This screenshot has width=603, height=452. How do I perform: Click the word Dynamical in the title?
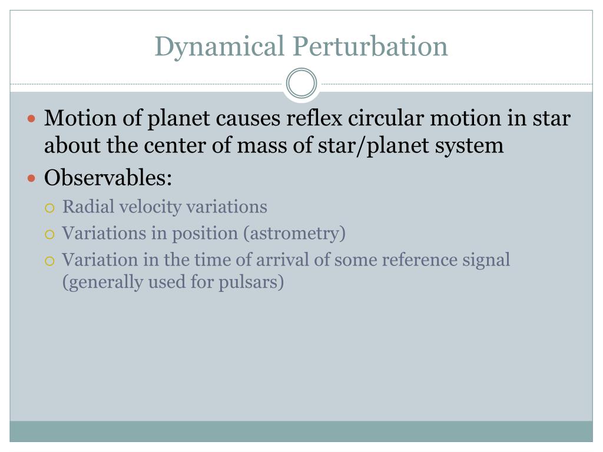pos(219,47)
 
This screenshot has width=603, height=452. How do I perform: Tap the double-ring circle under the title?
pos(301,83)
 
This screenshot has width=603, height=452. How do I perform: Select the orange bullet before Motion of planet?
pos(32,118)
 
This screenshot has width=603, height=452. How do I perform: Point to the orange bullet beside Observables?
pos(32,178)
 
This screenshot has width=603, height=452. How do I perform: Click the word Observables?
pos(108,178)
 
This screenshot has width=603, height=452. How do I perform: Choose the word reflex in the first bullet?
pos(314,118)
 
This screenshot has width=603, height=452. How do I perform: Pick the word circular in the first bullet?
pos(386,118)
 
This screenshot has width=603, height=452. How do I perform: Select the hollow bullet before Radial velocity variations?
pos(49,208)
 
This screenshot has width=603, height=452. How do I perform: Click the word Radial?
pos(88,207)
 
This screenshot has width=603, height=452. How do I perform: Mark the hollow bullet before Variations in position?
pos(49,234)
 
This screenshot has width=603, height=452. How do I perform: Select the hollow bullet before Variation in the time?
pos(49,261)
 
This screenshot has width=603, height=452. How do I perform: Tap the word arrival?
pos(283,260)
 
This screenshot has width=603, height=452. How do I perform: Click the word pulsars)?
pos(251,282)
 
